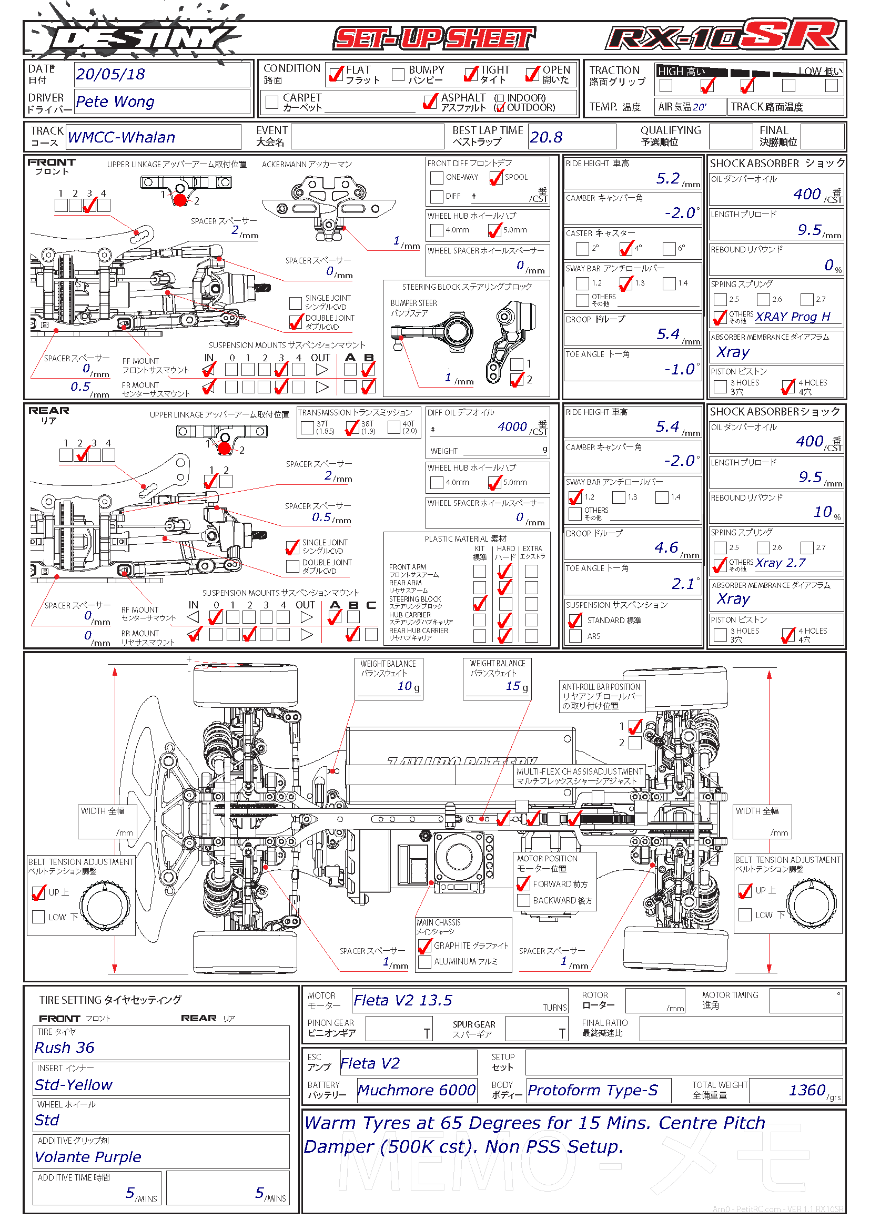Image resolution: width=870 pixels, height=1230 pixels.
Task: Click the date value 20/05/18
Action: [110, 75]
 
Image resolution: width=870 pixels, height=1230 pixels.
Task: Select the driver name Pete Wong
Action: [115, 101]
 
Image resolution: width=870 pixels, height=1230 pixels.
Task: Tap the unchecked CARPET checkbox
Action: [272, 102]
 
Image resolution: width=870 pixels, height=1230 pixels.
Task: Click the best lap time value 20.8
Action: [546, 138]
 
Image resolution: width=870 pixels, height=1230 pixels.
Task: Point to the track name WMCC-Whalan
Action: [122, 138]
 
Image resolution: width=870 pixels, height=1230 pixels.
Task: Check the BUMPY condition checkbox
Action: [398, 75]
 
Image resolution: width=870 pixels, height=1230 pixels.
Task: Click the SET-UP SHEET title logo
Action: [434, 38]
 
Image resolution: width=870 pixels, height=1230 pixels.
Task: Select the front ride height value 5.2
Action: [667, 178]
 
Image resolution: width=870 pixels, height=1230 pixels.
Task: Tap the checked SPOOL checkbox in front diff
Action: [496, 177]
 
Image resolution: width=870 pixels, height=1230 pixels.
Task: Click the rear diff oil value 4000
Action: [512, 427]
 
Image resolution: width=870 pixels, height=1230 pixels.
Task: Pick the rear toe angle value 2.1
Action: [683, 584]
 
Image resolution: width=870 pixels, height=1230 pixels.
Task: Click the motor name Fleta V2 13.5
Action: [403, 1001]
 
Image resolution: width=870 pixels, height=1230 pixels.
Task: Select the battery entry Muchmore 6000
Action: [416, 1090]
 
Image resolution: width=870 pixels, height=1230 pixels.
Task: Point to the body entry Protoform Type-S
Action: [592, 1090]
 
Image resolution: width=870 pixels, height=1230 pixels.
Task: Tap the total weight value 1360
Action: [807, 1090]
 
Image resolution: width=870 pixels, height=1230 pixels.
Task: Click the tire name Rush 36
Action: [64, 1048]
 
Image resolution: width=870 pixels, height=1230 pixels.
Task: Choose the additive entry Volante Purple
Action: [88, 1156]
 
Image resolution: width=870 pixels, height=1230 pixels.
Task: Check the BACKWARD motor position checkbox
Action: [523, 900]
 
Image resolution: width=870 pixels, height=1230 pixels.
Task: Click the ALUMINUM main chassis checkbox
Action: [425, 962]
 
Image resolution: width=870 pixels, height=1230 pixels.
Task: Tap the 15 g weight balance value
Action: [513, 686]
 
